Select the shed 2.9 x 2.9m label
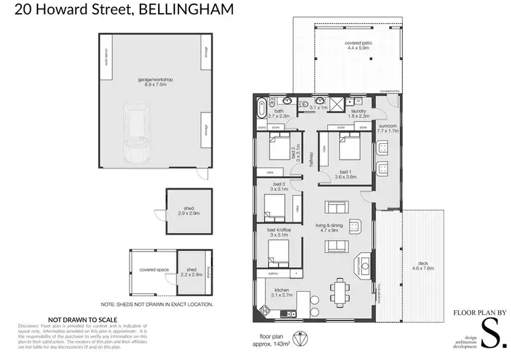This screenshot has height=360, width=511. click(189, 213)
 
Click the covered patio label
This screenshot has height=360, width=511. click(357, 46)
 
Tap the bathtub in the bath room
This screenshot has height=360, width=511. click(262, 108)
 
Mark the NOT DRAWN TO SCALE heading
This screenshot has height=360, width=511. click(82, 319)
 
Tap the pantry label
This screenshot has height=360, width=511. click(275, 273)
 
